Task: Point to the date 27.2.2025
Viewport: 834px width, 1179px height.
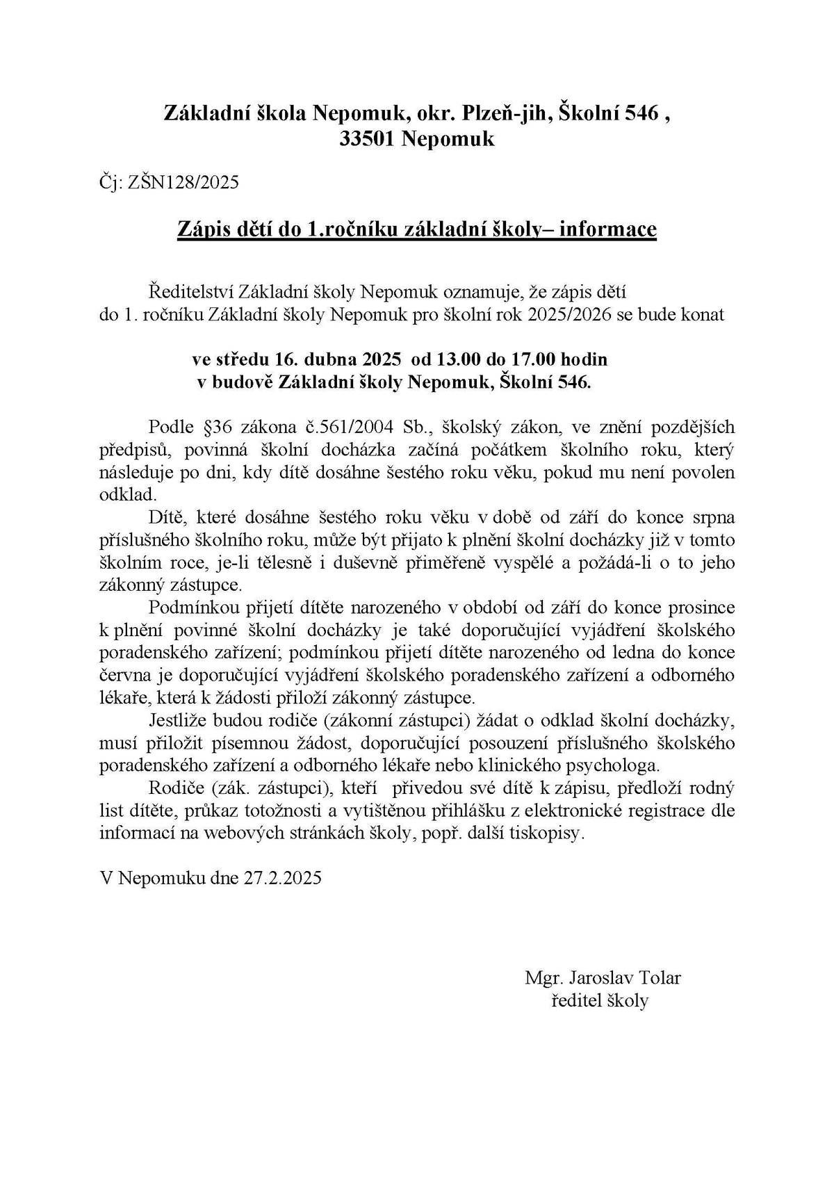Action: coord(282,878)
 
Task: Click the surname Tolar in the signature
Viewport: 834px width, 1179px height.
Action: coord(660,978)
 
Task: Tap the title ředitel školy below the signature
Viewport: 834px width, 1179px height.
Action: coord(599,1001)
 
